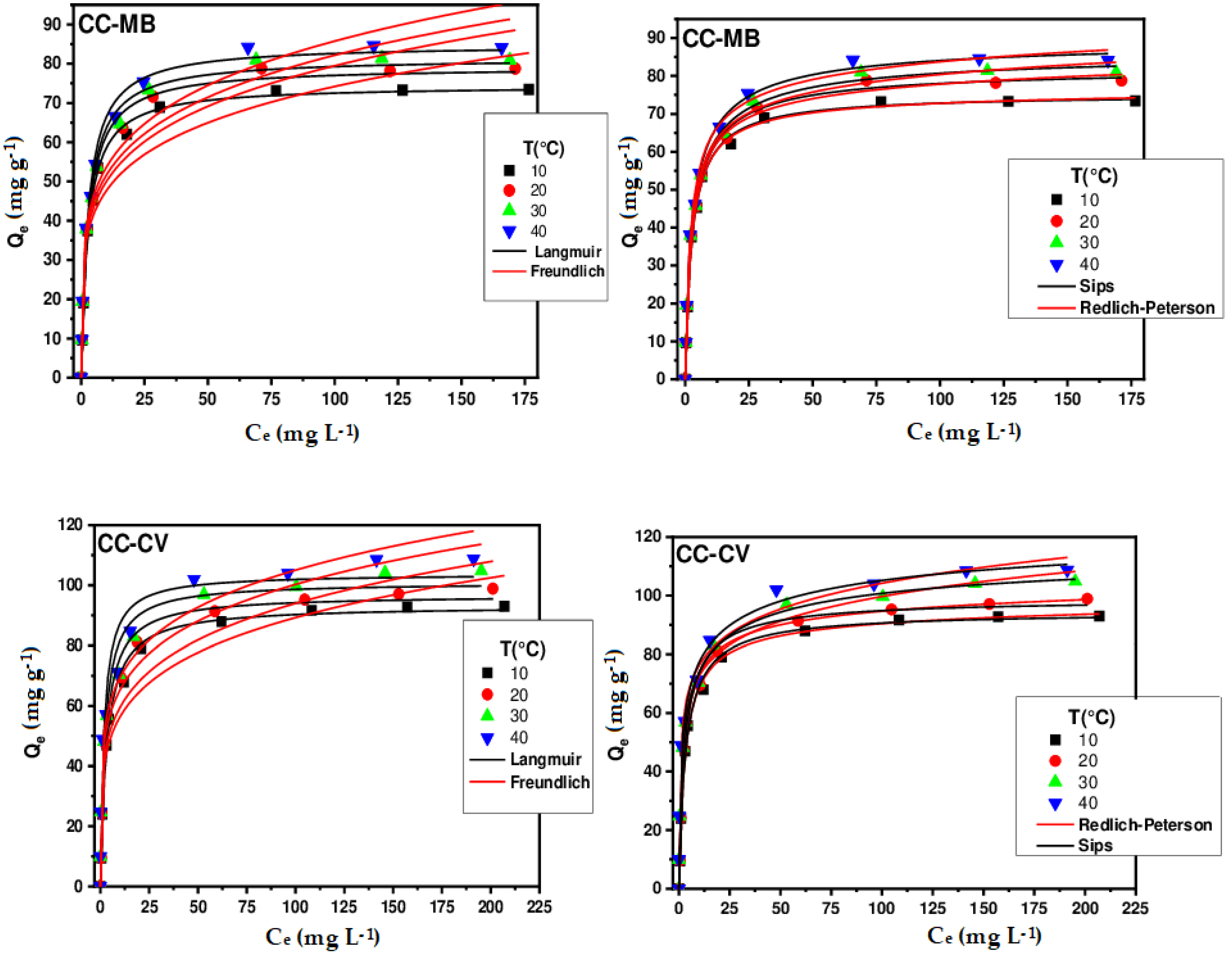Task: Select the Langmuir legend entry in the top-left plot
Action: [567, 252]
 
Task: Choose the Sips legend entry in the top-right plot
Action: [1096, 286]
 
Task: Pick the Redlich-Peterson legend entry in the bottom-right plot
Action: [1145, 825]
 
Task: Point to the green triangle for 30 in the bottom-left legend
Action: [487, 715]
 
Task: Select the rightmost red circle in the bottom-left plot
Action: [492, 589]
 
